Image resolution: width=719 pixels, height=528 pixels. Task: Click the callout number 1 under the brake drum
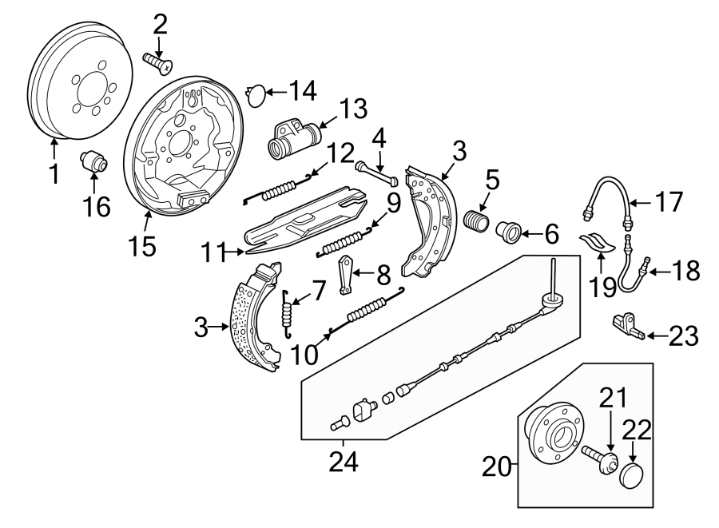coord(54,173)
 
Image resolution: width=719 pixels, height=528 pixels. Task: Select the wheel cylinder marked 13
coord(292,140)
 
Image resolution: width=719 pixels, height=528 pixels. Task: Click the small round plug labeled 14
coord(255,94)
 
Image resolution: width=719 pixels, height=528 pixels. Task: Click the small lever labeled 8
coord(346,273)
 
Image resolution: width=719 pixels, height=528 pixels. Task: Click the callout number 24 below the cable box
coord(344,461)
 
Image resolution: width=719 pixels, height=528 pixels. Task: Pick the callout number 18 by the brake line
coord(686,272)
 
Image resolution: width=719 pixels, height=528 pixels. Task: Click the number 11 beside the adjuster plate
coord(210,254)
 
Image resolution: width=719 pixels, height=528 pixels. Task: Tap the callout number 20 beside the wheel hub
coord(496,465)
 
